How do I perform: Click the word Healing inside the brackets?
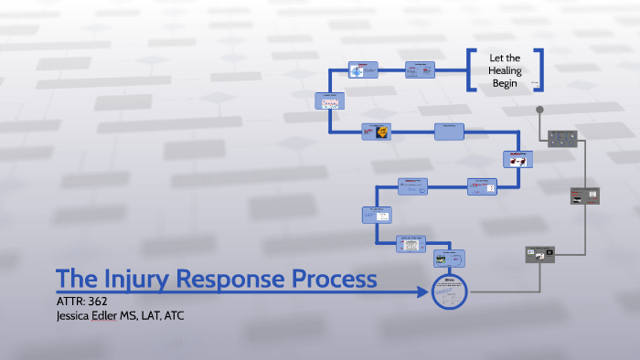point(505,70)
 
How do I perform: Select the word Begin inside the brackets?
point(505,83)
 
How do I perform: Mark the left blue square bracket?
point(472,70)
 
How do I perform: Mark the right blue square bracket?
point(539,70)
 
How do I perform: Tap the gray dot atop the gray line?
point(540,111)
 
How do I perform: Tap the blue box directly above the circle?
point(449,259)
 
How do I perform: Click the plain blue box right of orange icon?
point(449,132)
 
